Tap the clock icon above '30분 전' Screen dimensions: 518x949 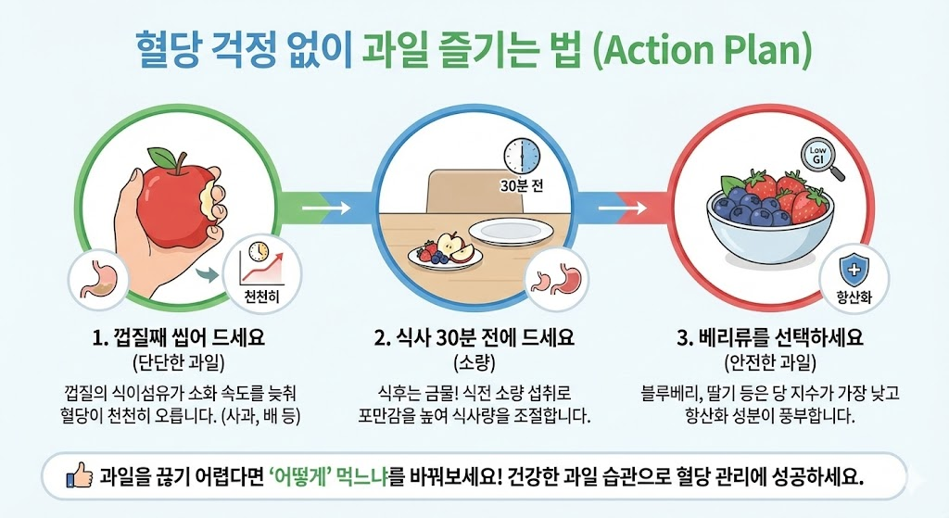[520, 155]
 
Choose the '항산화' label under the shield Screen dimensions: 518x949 [854, 298]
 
